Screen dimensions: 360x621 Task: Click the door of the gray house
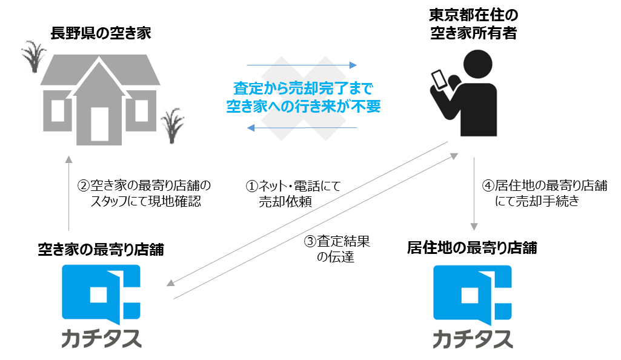click(99, 125)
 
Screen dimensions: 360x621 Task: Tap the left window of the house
click(58, 111)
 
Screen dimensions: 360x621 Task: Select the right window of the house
click(141, 111)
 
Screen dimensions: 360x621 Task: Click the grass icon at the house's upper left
click(34, 57)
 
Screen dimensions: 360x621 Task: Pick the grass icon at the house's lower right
click(174, 123)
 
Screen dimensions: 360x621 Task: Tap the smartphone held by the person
click(438, 81)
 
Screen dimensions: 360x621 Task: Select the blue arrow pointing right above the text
click(353, 65)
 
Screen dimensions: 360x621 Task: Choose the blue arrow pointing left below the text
click(251, 128)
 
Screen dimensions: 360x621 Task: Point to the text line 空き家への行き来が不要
click(302, 106)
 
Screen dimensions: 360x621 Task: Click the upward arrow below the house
click(68, 160)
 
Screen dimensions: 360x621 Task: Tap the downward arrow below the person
click(474, 226)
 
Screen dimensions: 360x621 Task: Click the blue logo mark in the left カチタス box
click(101, 293)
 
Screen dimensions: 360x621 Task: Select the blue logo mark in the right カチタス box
click(473, 293)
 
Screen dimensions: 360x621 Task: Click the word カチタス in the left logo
click(101, 338)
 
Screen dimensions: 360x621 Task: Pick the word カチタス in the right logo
click(473, 338)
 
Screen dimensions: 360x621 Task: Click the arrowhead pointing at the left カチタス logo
click(170, 282)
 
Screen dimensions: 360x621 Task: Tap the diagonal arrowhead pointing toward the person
click(455, 156)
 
